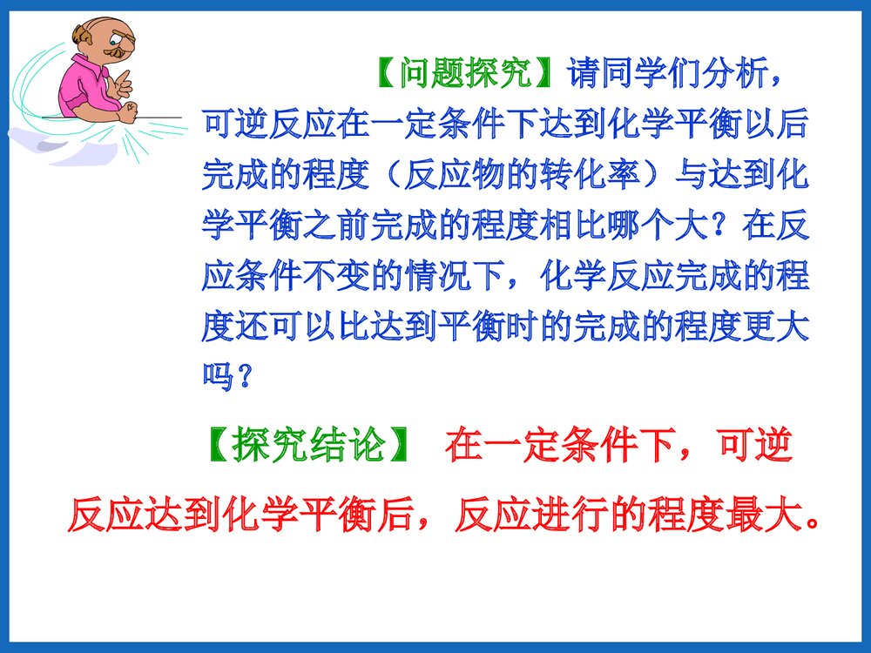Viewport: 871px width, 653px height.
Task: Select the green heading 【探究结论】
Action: click(309, 446)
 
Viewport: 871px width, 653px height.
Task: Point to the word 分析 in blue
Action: click(739, 74)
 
